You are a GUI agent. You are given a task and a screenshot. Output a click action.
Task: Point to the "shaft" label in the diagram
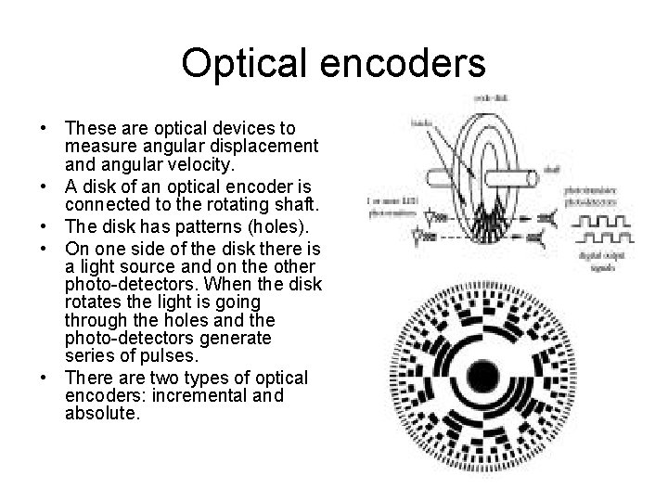(x=550, y=169)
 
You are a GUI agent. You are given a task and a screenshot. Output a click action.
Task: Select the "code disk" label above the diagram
(x=491, y=97)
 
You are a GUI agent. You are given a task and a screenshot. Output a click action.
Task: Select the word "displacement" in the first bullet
(x=264, y=145)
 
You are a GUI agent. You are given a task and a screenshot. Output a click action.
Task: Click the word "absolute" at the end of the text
(x=102, y=414)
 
